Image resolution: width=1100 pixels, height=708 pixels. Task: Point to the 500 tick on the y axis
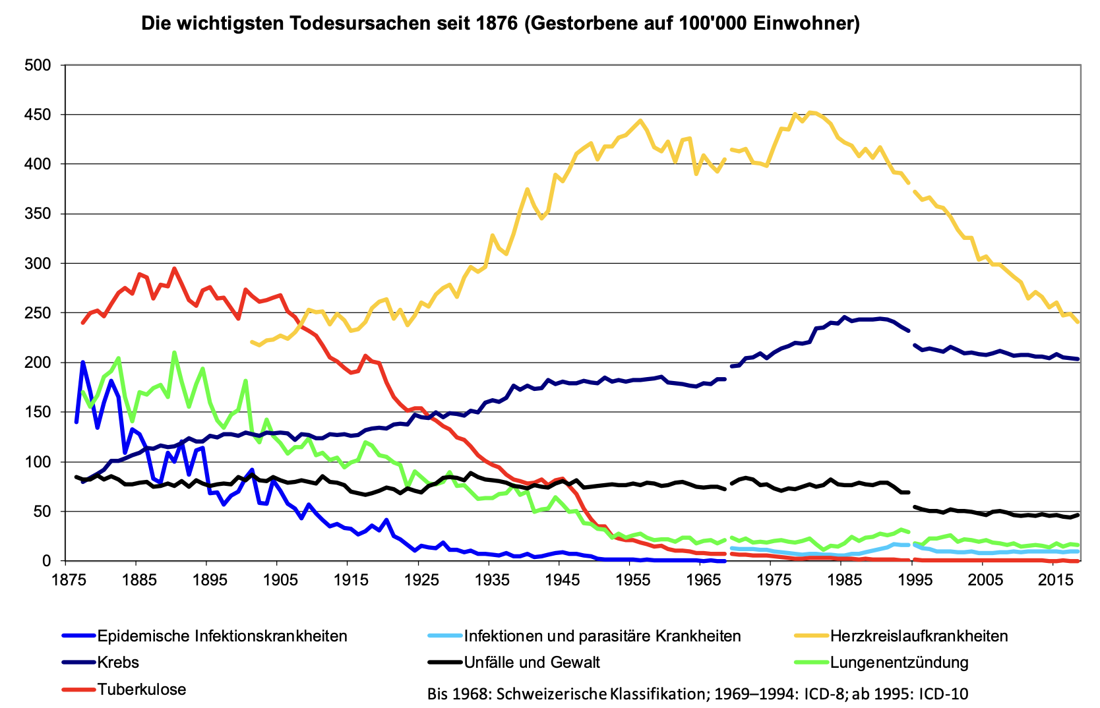click(x=38, y=65)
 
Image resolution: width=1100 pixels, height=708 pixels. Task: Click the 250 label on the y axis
click(x=38, y=313)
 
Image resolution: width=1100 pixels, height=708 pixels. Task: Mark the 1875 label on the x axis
click(x=65, y=579)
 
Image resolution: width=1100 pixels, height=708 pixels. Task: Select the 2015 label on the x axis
click(x=1053, y=579)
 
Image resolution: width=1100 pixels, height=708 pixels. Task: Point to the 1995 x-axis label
click(x=911, y=579)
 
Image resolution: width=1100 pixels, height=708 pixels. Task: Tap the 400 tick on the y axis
click(x=38, y=164)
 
